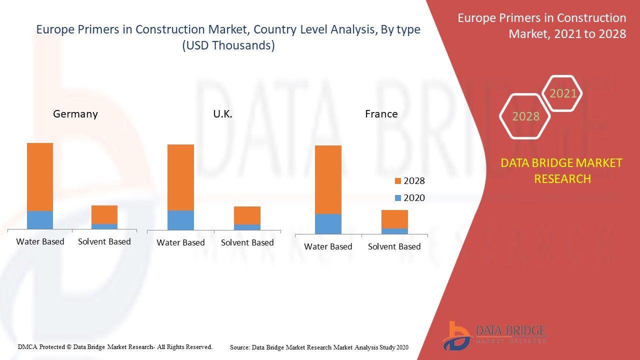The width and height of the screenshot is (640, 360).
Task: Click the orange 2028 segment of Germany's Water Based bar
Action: (x=40, y=177)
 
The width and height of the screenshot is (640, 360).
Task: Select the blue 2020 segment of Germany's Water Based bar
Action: (x=40, y=220)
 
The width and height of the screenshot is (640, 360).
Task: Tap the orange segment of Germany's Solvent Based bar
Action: (x=104, y=214)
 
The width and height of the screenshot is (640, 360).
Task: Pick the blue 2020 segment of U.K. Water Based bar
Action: (x=180, y=220)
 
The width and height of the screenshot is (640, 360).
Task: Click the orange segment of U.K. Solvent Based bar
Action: (x=247, y=215)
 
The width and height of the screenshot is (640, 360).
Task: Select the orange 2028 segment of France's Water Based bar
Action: (x=328, y=179)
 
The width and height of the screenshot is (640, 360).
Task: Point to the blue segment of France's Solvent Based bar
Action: (x=394, y=231)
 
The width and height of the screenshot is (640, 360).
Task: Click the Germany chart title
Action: (x=75, y=114)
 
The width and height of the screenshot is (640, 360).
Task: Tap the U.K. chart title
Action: (x=222, y=114)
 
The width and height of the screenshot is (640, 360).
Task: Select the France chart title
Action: (x=381, y=114)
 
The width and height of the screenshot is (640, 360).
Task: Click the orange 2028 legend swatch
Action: (x=398, y=181)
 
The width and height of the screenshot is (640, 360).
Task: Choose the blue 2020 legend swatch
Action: (x=398, y=198)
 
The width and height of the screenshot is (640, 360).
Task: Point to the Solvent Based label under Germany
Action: (x=104, y=241)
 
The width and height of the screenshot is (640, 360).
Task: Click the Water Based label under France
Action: (x=328, y=246)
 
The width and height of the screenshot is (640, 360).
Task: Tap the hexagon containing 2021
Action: (x=563, y=93)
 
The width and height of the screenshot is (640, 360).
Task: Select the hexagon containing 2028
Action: (x=525, y=116)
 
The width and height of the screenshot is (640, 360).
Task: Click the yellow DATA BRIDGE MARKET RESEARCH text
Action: (x=562, y=171)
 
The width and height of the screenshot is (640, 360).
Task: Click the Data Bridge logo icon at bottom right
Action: (x=456, y=335)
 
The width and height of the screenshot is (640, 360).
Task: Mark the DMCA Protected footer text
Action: (x=115, y=346)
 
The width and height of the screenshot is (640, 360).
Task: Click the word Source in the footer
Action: (x=239, y=346)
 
